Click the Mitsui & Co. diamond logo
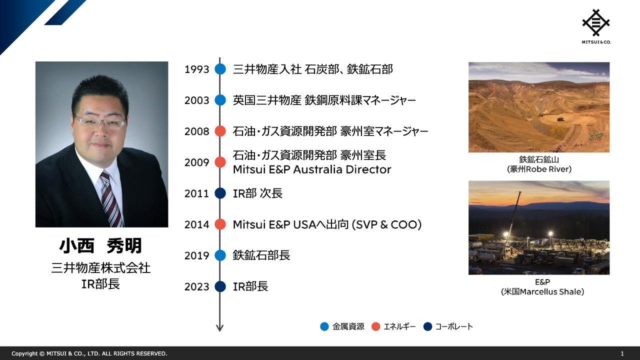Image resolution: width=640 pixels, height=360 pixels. coord(596,23)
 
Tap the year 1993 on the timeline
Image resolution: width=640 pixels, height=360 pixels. coord(196,69)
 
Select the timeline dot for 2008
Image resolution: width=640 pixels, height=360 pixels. coord(220,131)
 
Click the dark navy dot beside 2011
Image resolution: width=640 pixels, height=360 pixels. coord(220,193)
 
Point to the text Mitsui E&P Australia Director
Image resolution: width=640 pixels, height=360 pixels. coord(312,169)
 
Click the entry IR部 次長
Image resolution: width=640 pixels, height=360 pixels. coord(257,193)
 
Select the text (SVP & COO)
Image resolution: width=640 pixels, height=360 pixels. coord(386,224)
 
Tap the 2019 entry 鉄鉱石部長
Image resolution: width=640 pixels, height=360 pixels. coord(261,255)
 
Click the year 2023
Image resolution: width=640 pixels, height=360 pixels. coord(196,286)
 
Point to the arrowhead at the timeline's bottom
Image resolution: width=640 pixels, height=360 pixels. coord(219,327)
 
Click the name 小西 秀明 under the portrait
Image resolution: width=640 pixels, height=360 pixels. coord(101,246)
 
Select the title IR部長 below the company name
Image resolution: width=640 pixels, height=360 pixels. coord(101,284)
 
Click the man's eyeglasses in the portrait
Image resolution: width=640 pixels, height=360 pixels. coord(100,121)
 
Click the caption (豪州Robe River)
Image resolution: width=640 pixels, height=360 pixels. coord(539,169)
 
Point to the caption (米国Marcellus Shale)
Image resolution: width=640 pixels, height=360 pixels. coord(542,291)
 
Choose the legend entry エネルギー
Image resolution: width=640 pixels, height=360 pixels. coord(399,326)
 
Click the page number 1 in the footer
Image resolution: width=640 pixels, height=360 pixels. coord(622,353)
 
